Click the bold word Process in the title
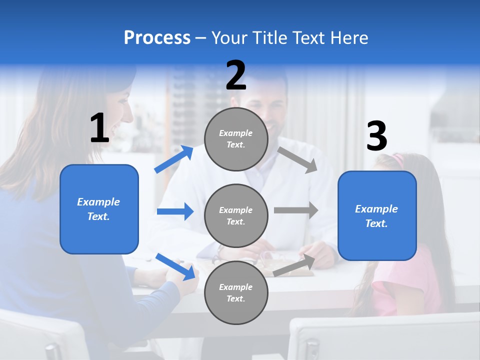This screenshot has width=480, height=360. pos(157,38)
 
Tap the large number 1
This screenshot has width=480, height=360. pos(99,128)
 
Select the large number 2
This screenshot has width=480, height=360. pos(236,75)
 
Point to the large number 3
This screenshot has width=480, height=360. pos(376,136)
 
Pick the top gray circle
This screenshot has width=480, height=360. pos(236,139)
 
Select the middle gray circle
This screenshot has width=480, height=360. pos(236,215)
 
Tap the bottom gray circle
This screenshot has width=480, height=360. pos(236,292)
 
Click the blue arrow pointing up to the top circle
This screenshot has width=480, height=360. pos(174,159)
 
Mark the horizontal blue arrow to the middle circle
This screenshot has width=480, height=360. pos(175,211)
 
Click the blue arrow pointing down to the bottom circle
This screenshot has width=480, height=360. pos(176,266)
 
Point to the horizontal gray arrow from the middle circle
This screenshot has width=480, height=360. pos(296,210)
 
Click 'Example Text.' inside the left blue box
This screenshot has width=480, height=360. pos(99,209)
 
